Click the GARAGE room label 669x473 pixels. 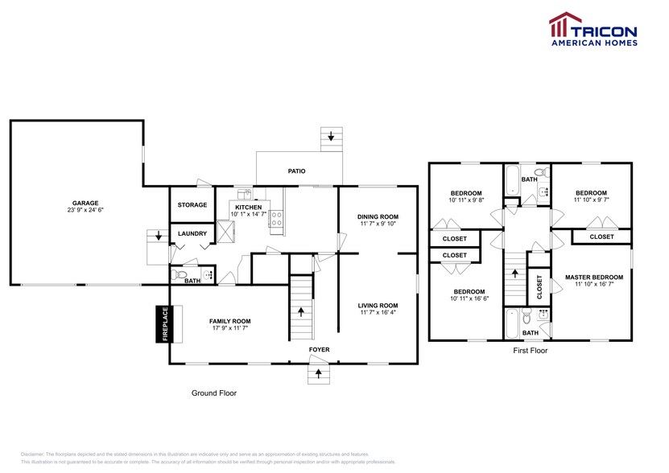point(85,203)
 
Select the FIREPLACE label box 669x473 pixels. point(164,324)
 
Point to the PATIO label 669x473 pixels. point(297,171)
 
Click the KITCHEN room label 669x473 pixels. point(248,206)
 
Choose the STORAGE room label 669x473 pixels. point(192,205)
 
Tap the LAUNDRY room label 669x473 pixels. point(192,234)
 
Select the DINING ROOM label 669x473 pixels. point(378,216)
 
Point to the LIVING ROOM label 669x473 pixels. point(378,305)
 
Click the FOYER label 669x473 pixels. point(319,350)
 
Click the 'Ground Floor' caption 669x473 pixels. point(213,393)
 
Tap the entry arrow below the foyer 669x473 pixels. point(319,373)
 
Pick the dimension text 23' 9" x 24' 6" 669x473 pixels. point(85,210)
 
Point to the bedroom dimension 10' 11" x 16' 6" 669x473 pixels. point(469,298)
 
